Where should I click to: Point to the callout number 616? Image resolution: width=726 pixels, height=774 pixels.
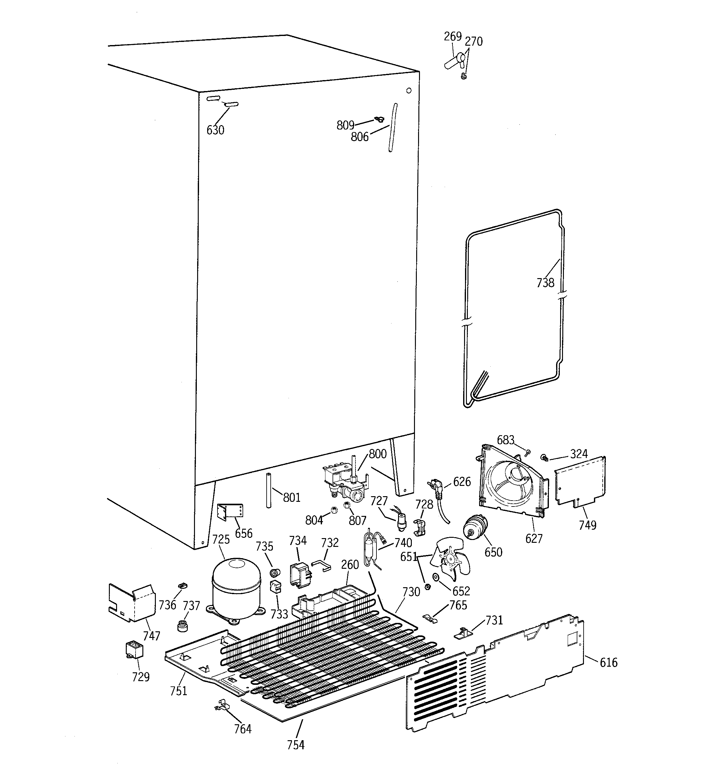(x=608, y=662)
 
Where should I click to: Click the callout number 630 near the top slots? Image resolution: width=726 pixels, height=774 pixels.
(x=215, y=130)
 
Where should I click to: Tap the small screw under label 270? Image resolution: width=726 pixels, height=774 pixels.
(x=463, y=77)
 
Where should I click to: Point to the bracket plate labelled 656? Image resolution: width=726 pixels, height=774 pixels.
(x=230, y=511)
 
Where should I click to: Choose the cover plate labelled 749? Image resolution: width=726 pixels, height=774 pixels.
(x=580, y=481)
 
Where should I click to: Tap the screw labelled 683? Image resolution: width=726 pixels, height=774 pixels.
(x=528, y=452)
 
